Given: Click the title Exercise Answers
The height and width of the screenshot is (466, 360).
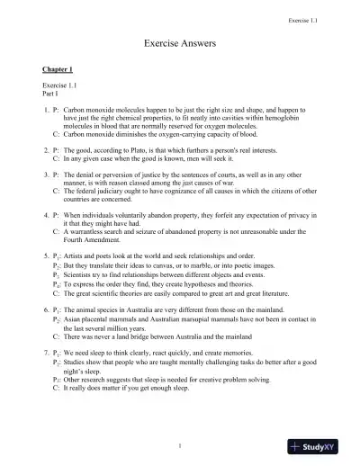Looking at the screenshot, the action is click(179, 42).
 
